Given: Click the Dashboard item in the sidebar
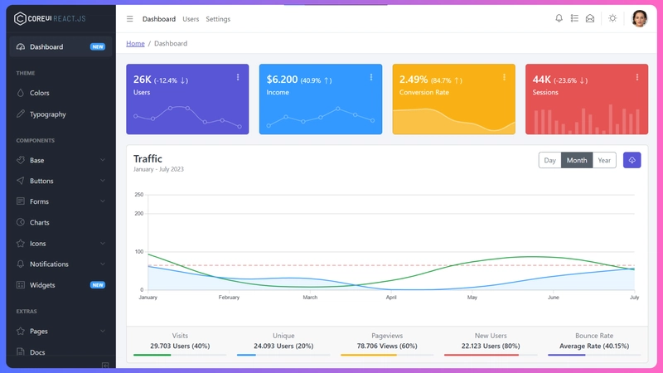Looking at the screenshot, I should point(46,47).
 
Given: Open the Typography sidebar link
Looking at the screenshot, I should point(47,114).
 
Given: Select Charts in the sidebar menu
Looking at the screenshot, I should point(39,223).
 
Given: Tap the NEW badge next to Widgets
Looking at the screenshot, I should point(98,285).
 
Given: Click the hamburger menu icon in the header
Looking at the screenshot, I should point(129,19).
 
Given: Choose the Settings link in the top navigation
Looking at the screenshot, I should point(218,19).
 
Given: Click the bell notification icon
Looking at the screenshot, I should point(559,18).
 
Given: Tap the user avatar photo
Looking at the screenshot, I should point(639,18).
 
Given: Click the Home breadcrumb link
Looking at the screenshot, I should point(135,43).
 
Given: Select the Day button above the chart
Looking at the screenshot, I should point(549,161).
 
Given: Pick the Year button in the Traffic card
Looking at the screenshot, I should point(604,161).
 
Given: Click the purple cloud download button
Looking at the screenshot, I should point(632,160).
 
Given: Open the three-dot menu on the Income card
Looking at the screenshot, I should point(371,77).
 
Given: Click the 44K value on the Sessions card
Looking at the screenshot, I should point(542,80).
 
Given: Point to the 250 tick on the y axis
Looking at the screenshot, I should point(138,195).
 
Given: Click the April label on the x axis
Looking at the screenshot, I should point(391,297).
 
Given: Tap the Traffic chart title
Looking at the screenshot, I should point(148,158).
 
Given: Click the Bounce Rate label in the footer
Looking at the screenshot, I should point(594,336).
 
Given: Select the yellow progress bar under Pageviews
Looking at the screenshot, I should point(369,355).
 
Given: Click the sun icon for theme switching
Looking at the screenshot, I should point(612,18).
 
